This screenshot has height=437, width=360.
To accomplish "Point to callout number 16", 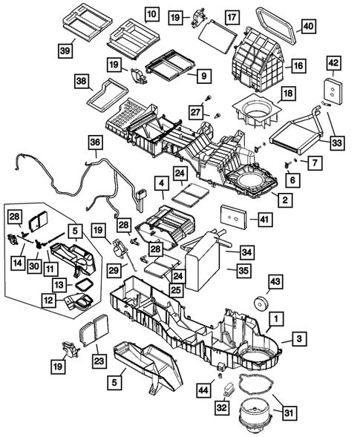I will click(297, 66).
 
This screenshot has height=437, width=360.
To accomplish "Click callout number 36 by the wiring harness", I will click(96, 142).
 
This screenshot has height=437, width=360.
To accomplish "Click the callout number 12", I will click(48, 300).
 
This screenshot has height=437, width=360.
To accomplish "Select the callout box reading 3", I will click(297, 339).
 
